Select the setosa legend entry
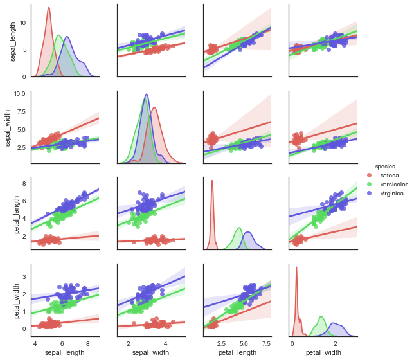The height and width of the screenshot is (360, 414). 388,175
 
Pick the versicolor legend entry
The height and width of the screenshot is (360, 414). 392,184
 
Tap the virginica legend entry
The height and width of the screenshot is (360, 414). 390,193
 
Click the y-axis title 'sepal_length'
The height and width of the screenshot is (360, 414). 14,40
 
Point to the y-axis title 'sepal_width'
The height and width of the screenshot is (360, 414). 14,127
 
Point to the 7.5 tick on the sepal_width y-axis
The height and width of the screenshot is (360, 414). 21,111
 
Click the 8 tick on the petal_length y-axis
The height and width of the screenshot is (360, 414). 24,184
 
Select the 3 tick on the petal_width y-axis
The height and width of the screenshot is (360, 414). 24,276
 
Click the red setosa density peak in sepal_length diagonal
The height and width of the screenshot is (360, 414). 49,8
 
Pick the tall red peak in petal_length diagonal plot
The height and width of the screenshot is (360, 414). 212,181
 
